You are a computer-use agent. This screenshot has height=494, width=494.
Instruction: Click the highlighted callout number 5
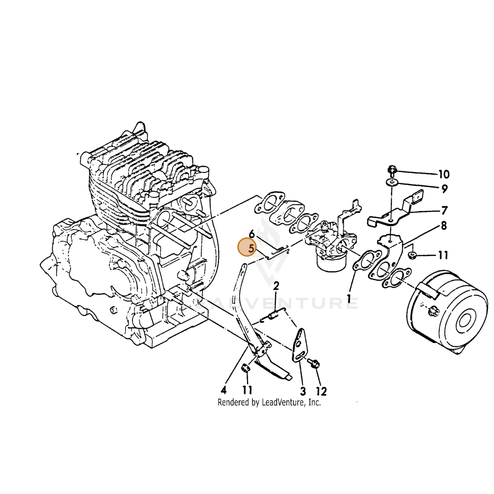pos(252,248)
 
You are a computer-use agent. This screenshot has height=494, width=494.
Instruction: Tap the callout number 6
pos(252,234)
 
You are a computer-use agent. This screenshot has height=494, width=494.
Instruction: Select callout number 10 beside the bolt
pos(444,174)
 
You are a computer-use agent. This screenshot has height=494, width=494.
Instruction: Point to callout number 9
pos(444,189)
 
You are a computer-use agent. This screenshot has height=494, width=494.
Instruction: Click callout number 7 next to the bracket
pos(444,210)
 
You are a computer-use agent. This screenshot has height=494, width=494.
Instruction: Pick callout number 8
pos(444,226)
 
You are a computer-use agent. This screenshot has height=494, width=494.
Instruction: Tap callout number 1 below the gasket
pos(349,299)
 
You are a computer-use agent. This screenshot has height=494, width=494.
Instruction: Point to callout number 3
pos(303,391)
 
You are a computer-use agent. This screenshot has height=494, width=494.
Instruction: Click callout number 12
pos(321,391)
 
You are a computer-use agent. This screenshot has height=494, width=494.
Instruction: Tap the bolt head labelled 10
pos(392,170)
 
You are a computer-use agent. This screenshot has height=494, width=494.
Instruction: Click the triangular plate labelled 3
pos(300,346)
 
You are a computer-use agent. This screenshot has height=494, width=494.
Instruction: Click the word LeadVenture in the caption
pos(284,403)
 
